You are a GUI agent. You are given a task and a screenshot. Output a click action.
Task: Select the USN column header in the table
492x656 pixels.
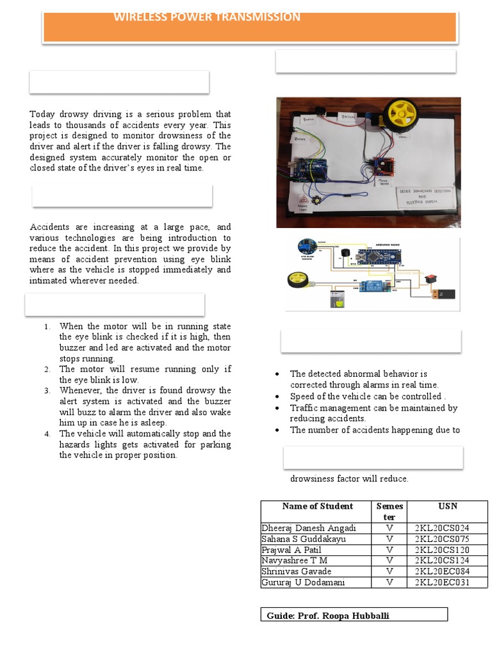447,506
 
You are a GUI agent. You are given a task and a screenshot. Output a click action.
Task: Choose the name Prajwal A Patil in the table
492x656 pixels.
291,550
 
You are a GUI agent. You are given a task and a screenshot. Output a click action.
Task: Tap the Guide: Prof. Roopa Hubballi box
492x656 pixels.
354,616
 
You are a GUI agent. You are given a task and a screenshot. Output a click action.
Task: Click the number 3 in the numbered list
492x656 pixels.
47,390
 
